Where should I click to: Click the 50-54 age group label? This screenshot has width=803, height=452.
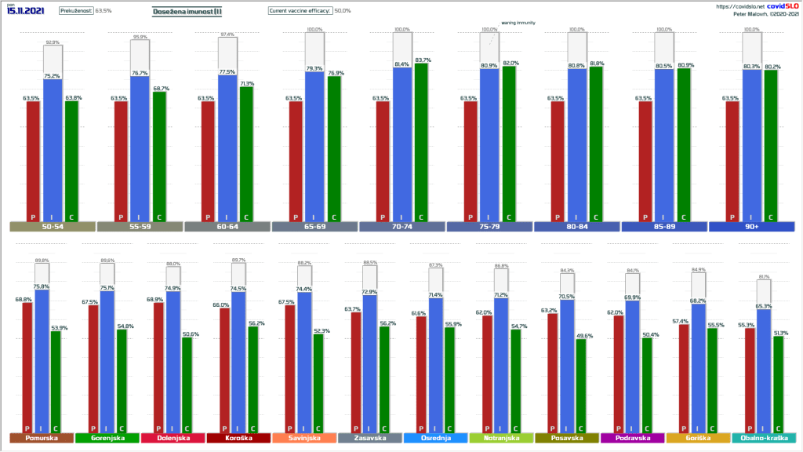click(53, 227)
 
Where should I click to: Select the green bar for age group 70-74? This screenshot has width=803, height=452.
click(421, 141)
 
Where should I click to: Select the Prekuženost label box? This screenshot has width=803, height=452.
click(76, 11)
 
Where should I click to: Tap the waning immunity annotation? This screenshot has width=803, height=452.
click(518, 24)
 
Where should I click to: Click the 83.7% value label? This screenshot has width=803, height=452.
click(423, 60)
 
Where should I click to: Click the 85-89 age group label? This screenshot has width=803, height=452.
click(663, 227)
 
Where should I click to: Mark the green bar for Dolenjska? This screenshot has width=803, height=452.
click(186, 385)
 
